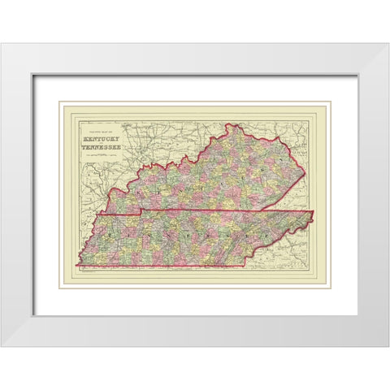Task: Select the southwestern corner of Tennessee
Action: coord(76,265)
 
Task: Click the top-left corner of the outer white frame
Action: coord(2,43)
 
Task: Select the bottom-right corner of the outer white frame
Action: coord(388,347)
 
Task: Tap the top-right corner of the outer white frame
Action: coord(388,43)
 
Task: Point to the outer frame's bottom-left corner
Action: coord(2,347)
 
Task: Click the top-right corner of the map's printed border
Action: coord(318,114)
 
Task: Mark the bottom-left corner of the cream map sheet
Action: coord(58,288)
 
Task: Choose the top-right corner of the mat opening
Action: coord(357,75)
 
